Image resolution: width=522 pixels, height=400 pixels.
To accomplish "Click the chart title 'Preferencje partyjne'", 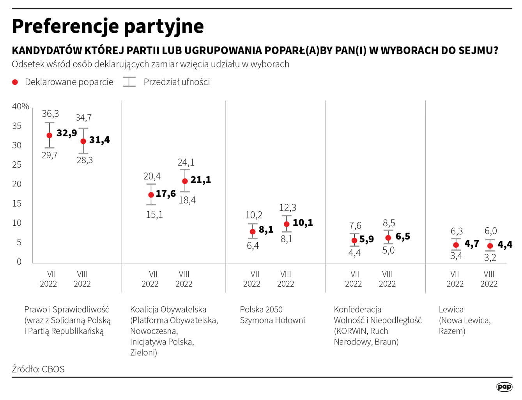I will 108,27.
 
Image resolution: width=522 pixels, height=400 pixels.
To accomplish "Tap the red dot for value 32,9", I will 49,135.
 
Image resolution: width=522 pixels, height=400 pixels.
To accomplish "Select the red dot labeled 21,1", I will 185,181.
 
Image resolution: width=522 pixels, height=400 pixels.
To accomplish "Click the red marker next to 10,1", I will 287,224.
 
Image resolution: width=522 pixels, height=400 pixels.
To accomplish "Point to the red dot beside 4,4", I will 490,246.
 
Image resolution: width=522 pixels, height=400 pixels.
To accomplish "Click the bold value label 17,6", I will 166,193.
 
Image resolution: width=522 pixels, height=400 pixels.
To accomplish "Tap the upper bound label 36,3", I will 50,114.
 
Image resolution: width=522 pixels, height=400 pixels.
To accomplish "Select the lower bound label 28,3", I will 85,160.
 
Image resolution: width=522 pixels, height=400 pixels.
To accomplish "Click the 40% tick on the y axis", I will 20,106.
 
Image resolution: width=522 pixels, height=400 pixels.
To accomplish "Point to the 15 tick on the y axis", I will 17,204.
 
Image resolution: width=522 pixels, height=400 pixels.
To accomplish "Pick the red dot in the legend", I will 15,82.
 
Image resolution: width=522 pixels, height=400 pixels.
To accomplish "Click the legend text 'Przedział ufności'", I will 177,82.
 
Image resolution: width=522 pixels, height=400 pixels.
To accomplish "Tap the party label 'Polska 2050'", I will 261,309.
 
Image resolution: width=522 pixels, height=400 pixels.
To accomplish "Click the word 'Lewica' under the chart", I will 451,309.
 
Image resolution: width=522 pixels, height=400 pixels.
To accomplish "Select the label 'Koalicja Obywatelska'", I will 168,309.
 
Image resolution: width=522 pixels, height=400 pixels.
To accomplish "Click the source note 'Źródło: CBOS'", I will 38,369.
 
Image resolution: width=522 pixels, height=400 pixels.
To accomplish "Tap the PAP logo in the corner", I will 504,387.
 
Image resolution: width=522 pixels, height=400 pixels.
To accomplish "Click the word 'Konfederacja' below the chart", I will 357,309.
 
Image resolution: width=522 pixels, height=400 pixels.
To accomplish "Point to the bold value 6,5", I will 403,236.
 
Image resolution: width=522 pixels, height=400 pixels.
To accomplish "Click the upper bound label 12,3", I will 288,207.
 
